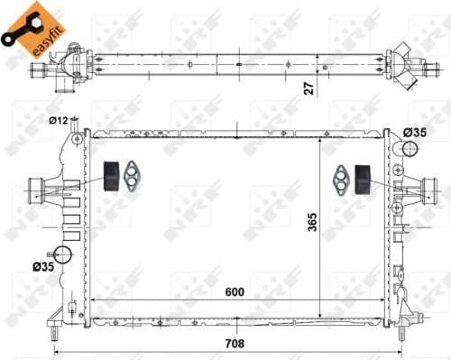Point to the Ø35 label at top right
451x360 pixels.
416,133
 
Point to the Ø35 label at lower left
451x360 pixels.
43,266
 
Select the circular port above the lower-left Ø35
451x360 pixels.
63,254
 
